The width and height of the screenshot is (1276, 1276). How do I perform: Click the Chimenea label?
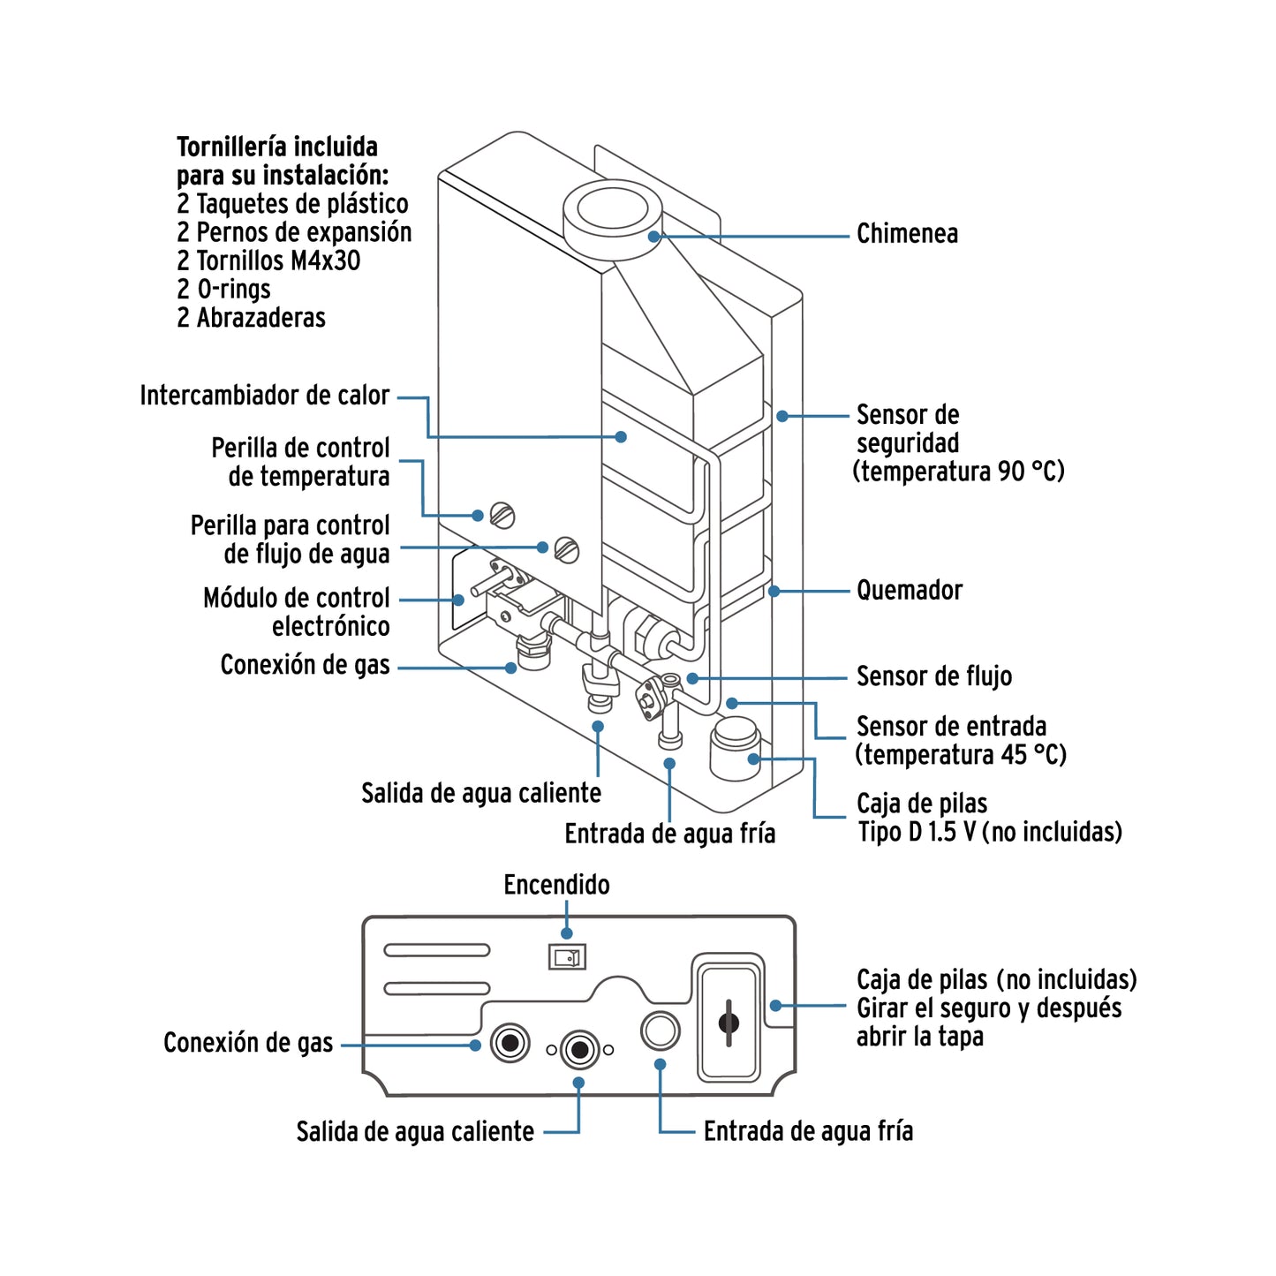(x=907, y=234)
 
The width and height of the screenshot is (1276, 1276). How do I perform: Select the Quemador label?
(x=909, y=591)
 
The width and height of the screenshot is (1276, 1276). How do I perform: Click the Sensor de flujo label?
(x=933, y=676)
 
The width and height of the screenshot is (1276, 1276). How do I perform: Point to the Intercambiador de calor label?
(x=264, y=396)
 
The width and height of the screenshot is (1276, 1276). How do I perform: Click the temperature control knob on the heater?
(x=502, y=515)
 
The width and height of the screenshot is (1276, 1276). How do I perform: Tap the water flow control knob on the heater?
(x=567, y=549)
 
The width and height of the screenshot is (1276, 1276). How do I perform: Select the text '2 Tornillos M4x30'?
(x=268, y=261)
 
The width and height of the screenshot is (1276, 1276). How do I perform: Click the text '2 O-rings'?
(x=223, y=290)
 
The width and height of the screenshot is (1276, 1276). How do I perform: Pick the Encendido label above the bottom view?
(x=556, y=885)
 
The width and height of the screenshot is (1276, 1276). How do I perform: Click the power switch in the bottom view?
(x=567, y=956)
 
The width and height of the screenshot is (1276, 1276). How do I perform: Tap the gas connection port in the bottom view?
(x=510, y=1044)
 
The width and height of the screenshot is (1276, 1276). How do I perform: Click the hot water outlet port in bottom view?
(x=579, y=1049)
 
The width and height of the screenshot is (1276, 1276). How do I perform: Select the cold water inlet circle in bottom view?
(x=660, y=1031)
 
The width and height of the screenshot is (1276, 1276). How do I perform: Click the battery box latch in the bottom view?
(x=729, y=1023)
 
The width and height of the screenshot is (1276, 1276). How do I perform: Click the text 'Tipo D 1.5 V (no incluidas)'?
(x=990, y=832)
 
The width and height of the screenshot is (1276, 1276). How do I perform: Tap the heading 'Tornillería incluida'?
(x=277, y=147)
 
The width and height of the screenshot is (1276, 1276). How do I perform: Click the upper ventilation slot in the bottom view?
(x=436, y=950)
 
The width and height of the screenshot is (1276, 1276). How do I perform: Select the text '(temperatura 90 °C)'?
(x=958, y=472)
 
